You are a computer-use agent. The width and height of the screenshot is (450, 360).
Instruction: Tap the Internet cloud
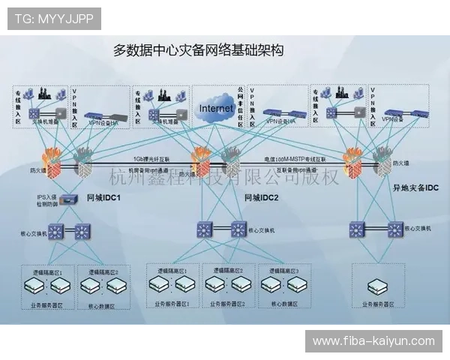216,109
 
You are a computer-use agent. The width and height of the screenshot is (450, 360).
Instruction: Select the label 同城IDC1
104,198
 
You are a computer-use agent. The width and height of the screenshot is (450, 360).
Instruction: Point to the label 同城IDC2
262,198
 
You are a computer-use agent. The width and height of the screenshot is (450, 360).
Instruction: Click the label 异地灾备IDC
415,187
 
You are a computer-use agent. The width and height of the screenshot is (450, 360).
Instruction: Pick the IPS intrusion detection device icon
69,199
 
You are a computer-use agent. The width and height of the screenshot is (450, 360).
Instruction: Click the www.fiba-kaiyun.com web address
373,341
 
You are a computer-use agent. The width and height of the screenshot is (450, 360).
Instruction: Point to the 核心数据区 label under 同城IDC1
103,306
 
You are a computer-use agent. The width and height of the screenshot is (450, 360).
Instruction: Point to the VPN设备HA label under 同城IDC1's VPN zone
103,121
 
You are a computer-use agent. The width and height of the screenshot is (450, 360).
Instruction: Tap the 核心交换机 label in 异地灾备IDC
417,226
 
